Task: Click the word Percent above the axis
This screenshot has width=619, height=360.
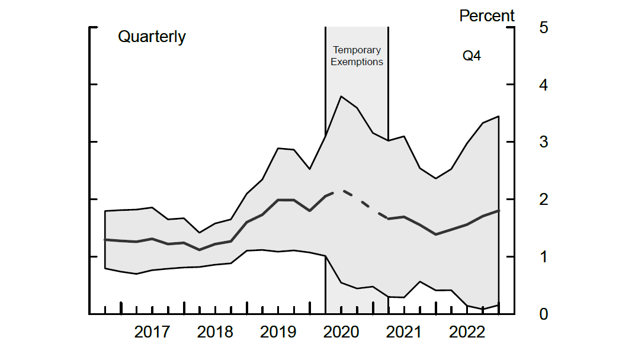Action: click(487, 16)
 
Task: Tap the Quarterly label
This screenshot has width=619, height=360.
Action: click(152, 37)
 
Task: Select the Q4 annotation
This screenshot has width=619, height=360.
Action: click(472, 57)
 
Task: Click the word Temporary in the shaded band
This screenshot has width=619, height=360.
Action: click(357, 50)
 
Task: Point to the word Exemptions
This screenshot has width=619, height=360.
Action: click(357, 62)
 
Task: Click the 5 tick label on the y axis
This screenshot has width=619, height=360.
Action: click(544, 28)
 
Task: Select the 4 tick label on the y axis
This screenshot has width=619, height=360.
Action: click(544, 85)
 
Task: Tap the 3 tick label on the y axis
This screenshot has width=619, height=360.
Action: click(544, 143)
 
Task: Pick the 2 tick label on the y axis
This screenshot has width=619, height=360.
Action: click(544, 200)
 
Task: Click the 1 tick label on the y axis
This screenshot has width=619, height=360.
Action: click(544, 257)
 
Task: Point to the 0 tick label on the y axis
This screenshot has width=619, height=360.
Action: click(544, 314)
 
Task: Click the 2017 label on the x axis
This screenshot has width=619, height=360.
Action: click(152, 332)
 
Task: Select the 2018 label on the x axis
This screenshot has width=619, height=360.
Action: click(215, 332)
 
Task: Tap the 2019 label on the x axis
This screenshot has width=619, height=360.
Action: click(278, 332)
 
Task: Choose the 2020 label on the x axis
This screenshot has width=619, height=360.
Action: click(341, 332)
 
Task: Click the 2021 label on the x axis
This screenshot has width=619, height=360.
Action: click(404, 332)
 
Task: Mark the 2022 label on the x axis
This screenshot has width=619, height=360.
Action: click(467, 332)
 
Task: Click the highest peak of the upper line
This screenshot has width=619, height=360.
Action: click(341, 97)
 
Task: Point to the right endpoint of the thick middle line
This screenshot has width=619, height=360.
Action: click(499, 211)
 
